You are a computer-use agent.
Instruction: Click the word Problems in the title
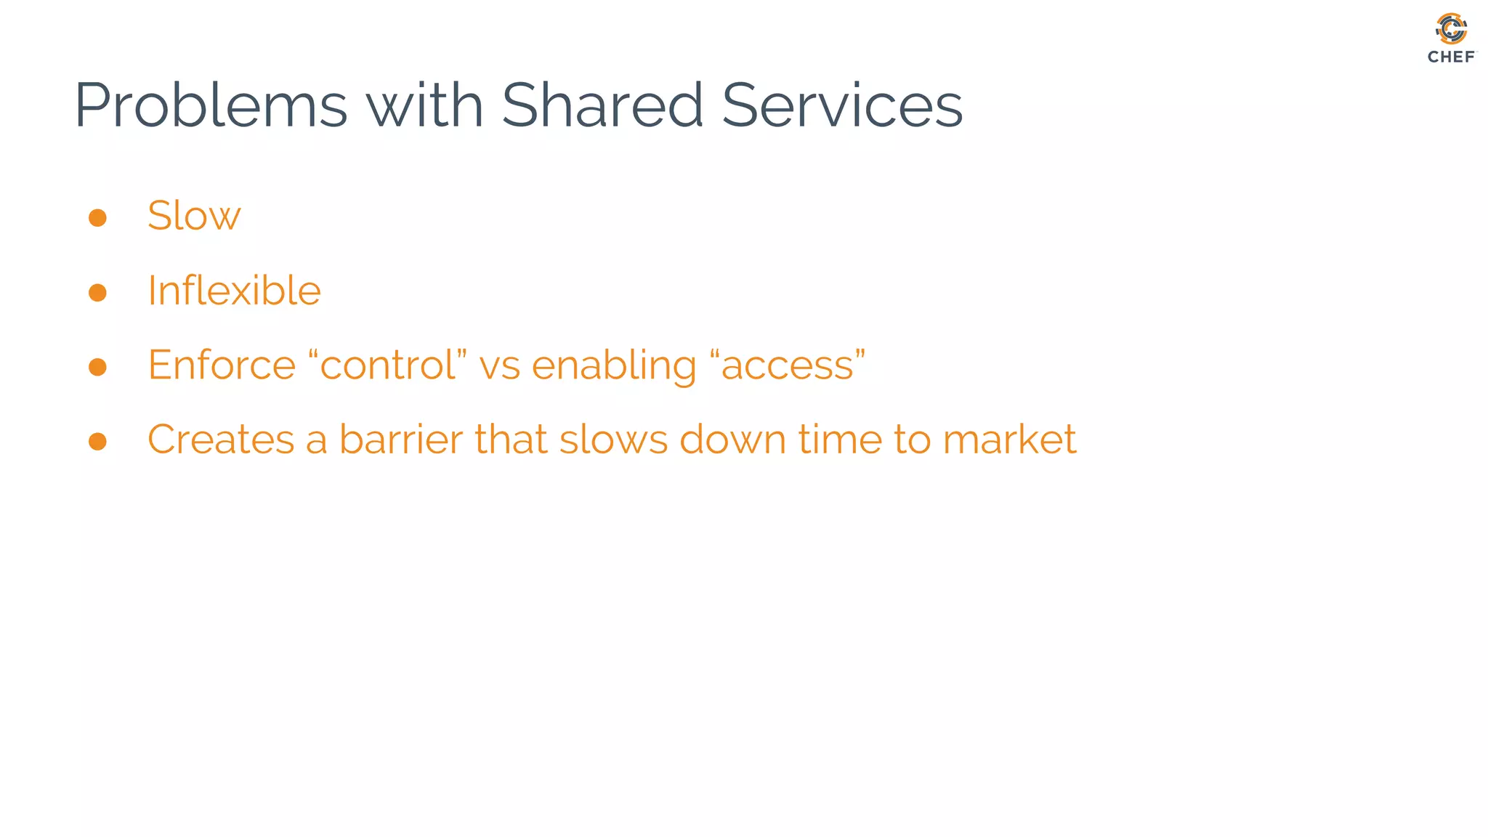coord(211,106)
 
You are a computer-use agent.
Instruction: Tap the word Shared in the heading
coord(602,106)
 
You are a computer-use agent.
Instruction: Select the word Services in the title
coord(842,106)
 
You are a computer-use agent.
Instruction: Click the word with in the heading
coord(424,106)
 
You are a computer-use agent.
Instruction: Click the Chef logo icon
coord(1451,29)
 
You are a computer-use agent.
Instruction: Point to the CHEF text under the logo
coord(1451,57)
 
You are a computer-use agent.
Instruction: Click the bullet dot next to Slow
coord(97,218)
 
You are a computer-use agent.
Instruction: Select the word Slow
coord(194,216)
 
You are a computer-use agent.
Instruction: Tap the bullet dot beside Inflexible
coord(97,292)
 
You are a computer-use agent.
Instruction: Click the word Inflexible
coord(234,291)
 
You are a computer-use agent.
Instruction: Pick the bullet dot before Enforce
coord(97,367)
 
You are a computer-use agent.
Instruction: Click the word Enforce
coord(222,365)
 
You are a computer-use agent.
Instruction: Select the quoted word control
coord(388,365)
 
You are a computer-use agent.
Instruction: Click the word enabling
coord(614,366)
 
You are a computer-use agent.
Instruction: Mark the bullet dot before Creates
coord(97,441)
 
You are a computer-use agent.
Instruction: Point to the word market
coord(1009,439)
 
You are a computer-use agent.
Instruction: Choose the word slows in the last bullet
coord(613,439)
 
